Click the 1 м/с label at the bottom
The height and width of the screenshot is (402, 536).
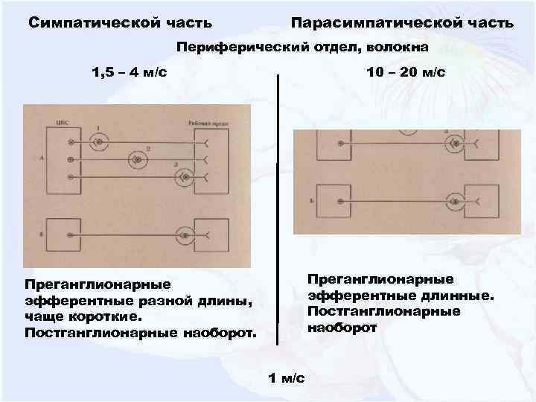click(x=286, y=378)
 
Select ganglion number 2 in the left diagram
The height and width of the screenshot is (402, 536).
click(x=137, y=159)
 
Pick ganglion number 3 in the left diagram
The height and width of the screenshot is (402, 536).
click(x=182, y=177)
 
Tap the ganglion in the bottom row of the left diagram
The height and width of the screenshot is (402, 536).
click(x=182, y=234)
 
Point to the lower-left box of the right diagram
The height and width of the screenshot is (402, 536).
click(x=339, y=201)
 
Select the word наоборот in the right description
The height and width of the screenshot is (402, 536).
click(x=342, y=328)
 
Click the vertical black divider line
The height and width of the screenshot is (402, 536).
click(x=278, y=208)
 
